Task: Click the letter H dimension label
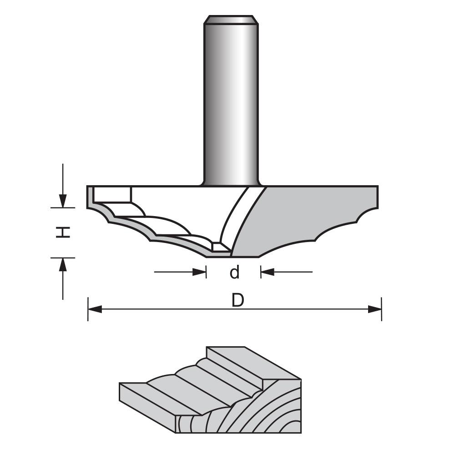point(63,233)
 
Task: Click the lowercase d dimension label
point(234,273)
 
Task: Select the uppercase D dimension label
point(238,300)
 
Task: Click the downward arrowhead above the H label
point(63,201)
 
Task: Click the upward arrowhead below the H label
point(63,264)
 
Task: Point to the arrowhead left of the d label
point(200,272)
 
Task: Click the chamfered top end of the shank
point(231,20)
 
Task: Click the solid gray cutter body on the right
point(309,214)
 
